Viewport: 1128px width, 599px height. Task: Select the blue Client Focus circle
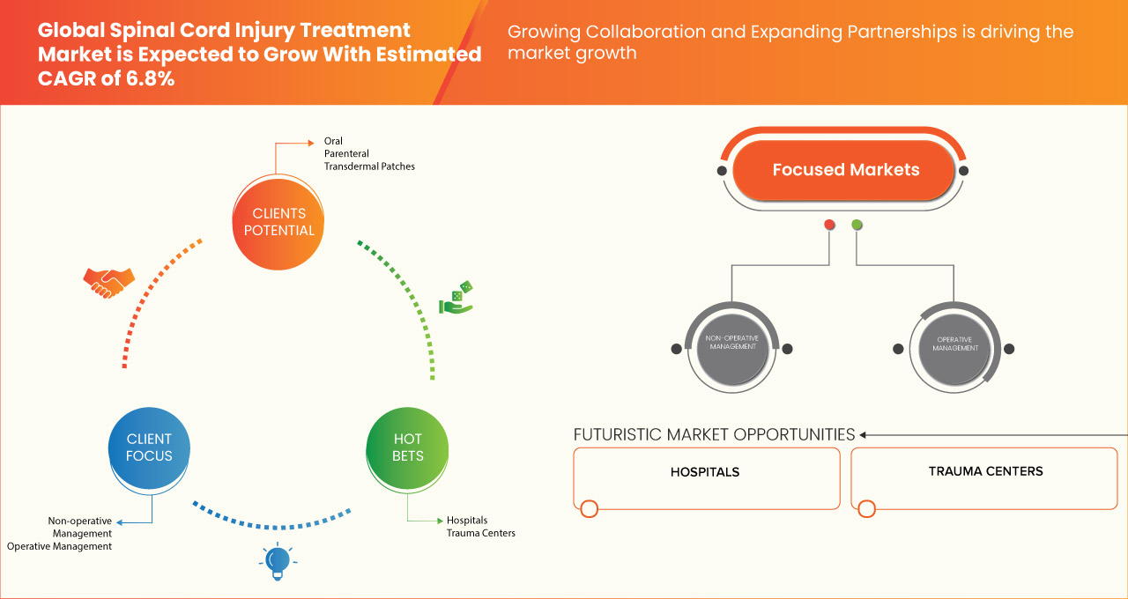pos(149,447)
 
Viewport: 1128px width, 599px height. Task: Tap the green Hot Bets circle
pos(407,447)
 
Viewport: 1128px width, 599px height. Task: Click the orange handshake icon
pos(108,282)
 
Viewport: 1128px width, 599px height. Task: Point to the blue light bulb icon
pos(278,561)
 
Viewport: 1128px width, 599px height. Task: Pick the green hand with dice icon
pos(456,299)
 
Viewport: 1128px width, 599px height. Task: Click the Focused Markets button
pos(845,170)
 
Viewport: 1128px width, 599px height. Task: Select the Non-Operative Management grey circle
pos(731,347)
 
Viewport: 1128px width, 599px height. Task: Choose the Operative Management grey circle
pos(955,348)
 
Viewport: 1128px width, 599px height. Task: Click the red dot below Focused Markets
pos(829,226)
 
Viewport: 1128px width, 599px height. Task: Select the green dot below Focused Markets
pos(857,226)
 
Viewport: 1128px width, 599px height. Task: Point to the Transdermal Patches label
pos(369,166)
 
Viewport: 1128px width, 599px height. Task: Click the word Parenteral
pos(346,154)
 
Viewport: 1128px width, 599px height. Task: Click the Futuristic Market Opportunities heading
pos(714,434)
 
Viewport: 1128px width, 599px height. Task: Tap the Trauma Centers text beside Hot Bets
pos(480,533)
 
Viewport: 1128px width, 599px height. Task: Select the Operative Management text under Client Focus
pos(60,546)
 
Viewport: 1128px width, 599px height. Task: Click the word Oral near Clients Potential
pos(333,141)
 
